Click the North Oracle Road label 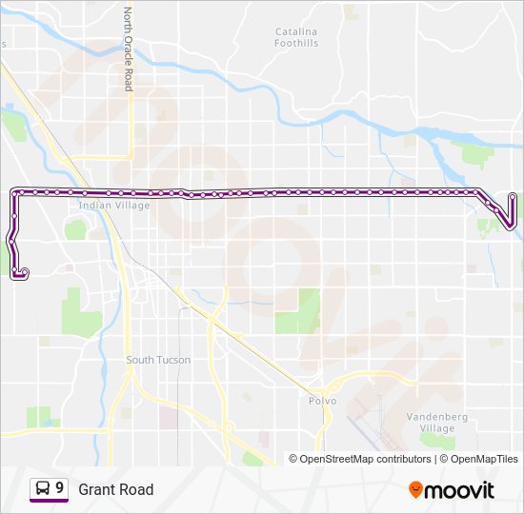[x=127, y=49]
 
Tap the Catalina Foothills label [x=296, y=38]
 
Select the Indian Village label [x=108, y=205]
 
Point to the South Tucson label [x=158, y=360]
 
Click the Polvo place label [x=322, y=402]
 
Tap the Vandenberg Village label [x=431, y=423]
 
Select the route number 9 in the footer [x=60, y=488]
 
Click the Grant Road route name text [x=115, y=489]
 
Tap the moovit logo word [x=461, y=490]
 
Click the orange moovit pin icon [x=416, y=490]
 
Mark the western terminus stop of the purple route [x=20, y=274]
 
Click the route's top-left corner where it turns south [x=14, y=192]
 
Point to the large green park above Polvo [x=299, y=311]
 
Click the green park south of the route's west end [x=82, y=311]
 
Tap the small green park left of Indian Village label [x=75, y=229]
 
